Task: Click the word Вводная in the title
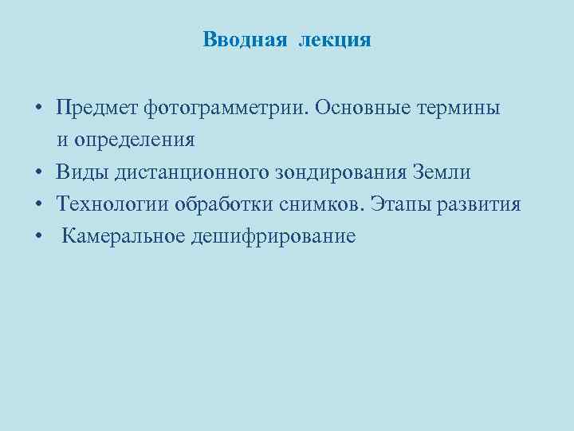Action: tap(244, 40)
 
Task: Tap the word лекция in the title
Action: tap(335, 40)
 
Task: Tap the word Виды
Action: tap(81, 172)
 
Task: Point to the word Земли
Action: tap(442, 172)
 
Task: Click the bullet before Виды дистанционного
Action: tap(38, 173)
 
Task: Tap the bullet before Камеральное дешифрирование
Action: tap(38, 237)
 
